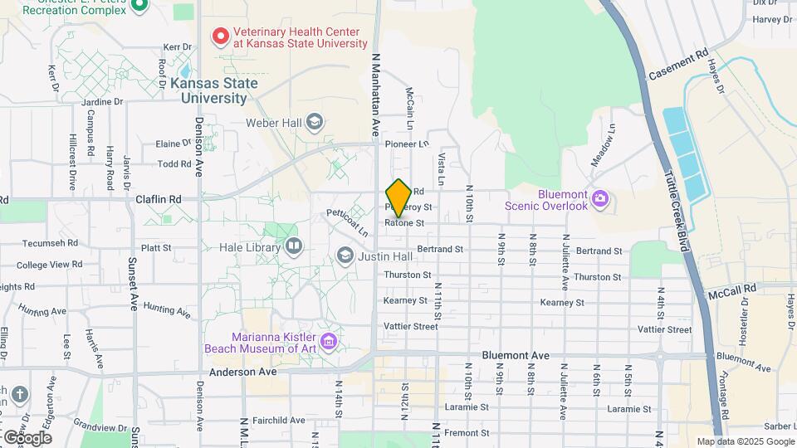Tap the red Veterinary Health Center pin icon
pos(221,36)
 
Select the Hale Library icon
pos(293,246)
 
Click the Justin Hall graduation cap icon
pos(345,256)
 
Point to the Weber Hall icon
pos(314,124)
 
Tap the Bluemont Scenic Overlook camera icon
pos(600,199)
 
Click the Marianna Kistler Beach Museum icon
pos(329,341)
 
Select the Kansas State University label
pos(213,90)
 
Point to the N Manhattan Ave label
pos(375,90)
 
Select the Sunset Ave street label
pos(132,283)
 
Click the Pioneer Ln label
pos(406,144)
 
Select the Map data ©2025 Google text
pos(746,441)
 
